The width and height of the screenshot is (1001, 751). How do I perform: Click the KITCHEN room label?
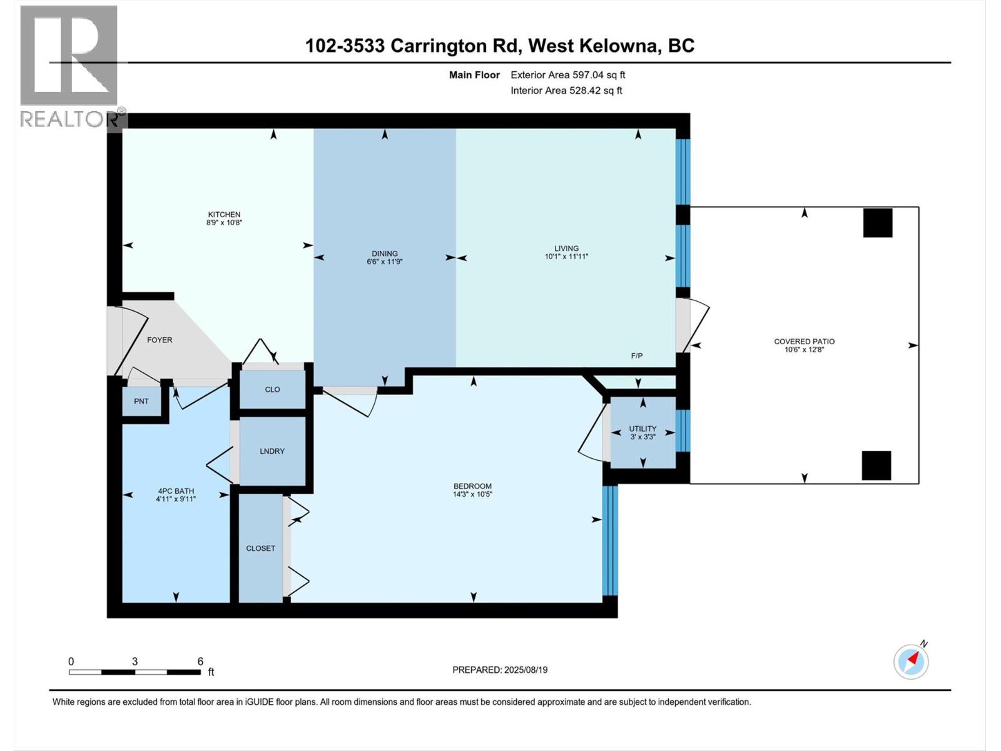tap(224, 215)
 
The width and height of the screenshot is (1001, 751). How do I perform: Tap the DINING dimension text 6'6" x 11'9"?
tap(384, 262)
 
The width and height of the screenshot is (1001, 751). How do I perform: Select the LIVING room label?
tap(566, 248)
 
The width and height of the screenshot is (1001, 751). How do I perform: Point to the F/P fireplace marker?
tap(637, 356)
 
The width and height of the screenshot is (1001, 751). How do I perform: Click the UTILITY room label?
tap(643, 429)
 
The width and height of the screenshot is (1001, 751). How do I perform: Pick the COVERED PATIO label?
tap(804, 342)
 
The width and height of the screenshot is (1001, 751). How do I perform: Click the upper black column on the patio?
tap(878, 223)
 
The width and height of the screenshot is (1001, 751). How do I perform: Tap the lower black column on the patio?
tap(876, 465)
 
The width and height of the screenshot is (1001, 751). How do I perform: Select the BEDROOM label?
tap(472, 486)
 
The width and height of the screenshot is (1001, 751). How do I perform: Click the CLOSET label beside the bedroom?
tap(260, 548)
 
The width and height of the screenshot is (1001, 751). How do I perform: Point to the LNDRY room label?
tap(272, 451)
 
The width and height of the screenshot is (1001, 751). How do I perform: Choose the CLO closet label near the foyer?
tap(272, 389)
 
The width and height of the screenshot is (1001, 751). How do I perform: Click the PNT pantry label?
tap(141, 401)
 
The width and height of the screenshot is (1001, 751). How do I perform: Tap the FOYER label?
tap(160, 340)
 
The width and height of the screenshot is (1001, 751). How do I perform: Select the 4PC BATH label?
tap(176, 491)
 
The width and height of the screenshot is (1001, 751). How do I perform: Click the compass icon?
tap(911, 662)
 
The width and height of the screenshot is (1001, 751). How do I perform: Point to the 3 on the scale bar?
tap(135, 662)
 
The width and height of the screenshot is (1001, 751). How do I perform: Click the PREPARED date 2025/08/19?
tap(500, 670)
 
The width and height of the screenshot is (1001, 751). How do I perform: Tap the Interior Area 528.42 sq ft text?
tap(566, 90)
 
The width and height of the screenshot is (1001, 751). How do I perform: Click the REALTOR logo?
tap(69, 66)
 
